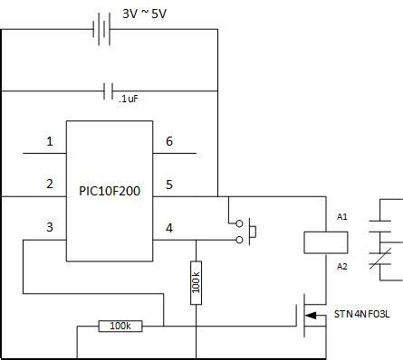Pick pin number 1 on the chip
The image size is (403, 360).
[50, 141]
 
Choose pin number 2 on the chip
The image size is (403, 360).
[50, 184]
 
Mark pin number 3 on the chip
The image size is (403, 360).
[50, 227]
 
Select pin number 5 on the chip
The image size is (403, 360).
[168, 184]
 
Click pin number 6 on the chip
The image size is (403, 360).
[168, 141]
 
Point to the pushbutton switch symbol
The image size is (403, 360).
[246, 231]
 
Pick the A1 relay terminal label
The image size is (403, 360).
[342, 217]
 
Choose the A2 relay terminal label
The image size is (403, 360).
[342, 266]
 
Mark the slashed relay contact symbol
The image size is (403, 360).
[389, 258]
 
